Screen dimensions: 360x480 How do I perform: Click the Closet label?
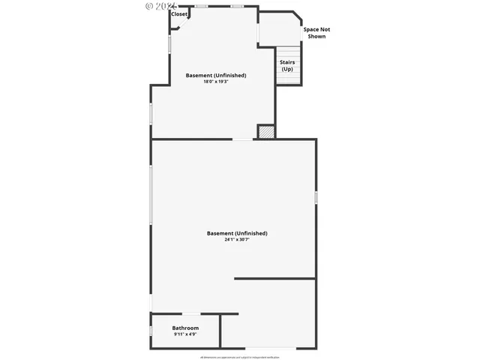pos(179,14)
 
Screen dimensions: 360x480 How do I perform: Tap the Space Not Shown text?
pos(316,33)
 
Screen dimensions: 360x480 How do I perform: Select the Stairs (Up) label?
pos(287,65)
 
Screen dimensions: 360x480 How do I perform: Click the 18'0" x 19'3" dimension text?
pos(216,82)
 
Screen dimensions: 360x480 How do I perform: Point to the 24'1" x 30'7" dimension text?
pos(237,240)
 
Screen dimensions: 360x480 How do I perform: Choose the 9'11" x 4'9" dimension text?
pos(185,334)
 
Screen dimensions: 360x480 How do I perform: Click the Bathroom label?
pos(185,328)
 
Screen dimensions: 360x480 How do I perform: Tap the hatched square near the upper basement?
pos(266,131)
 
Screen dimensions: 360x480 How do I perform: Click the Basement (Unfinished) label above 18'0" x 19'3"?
pos(216,75)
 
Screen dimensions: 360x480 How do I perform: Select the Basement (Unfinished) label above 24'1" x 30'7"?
pos(237,233)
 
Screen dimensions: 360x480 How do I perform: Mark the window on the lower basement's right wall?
pos(316,197)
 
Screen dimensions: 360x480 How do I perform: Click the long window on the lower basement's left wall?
pos(151,195)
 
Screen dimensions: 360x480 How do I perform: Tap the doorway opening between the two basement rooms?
pos(242,139)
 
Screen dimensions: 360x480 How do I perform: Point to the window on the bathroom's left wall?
pos(151,330)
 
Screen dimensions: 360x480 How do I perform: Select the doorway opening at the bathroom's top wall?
pos(191,313)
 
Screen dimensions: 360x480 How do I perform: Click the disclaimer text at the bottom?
pos(240,357)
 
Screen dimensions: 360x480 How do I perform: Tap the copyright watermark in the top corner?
pos(158,5)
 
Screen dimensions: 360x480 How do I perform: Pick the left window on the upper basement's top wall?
pos(201,7)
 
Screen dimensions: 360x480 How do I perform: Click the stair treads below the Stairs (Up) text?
pos(287,79)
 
